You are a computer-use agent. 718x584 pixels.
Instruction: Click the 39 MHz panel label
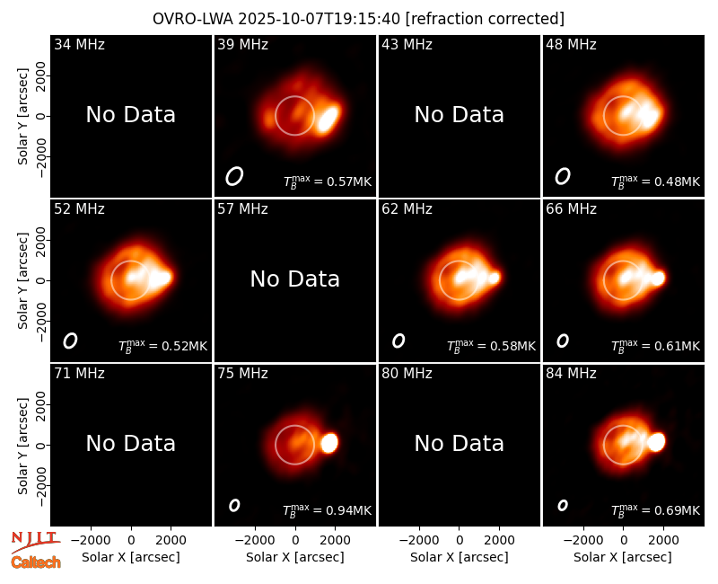click(242, 44)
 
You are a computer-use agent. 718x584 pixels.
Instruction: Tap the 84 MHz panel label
click(571, 374)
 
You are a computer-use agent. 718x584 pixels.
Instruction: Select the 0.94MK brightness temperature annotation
click(327, 509)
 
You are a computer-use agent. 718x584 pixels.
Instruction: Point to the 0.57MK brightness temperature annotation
click(327, 181)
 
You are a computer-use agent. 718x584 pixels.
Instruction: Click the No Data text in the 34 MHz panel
click(131, 115)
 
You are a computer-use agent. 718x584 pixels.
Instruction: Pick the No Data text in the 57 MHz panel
click(295, 279)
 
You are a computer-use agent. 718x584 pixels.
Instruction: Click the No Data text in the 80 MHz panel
click(460, 443)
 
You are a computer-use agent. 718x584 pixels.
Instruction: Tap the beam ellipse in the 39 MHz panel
click(234, 176)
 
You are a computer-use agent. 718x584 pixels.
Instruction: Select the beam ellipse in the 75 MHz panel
click(234, 505)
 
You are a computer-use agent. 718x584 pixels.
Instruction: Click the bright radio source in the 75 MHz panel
click(329, 443)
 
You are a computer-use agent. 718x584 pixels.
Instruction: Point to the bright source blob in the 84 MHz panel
click(656, 442)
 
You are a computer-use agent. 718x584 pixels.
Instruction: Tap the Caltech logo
click(36, 562)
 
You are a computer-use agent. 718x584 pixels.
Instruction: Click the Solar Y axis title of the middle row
click(22, 280)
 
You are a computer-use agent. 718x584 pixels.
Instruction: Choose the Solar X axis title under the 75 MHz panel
click(295, 557)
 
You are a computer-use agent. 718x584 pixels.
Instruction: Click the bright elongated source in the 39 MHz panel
click(328, 119)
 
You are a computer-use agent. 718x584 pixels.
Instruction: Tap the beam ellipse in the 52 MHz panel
click(70, 341)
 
